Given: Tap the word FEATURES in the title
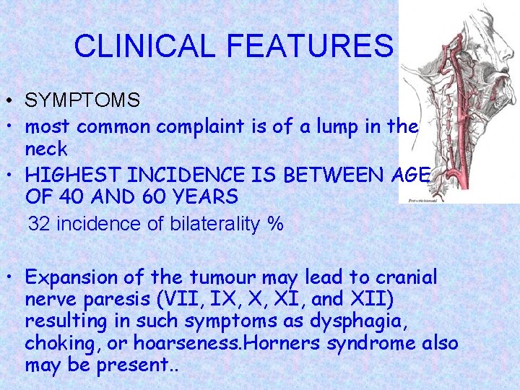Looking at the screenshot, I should pos(310,47).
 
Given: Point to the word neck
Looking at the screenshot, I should pos(46,149).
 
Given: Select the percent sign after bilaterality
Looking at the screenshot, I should pos(275,225).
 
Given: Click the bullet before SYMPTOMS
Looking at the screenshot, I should pos(6,100).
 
